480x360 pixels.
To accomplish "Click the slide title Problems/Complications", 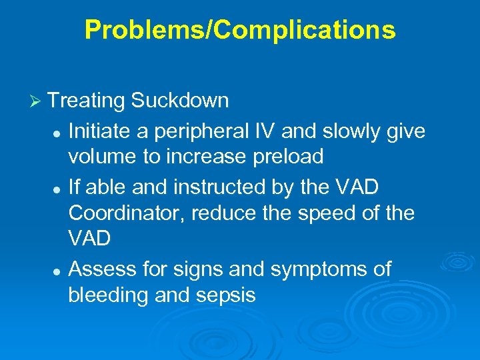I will point(240,30).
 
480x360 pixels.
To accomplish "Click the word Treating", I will point(87,101).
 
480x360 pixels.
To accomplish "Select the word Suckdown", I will point(180,101).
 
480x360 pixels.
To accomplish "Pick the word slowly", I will point(357,131).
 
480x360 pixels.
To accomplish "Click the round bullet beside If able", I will point(59,189).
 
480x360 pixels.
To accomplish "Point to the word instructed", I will point(221,188).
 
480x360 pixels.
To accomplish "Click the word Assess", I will point(102,270).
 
